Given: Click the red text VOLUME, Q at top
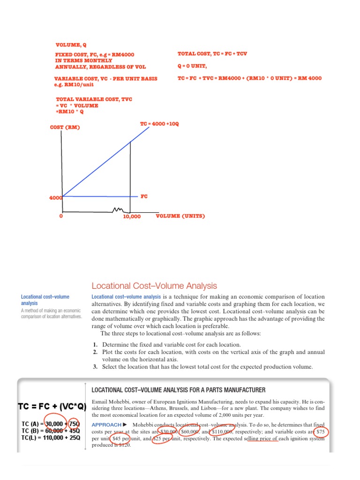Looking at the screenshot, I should pos(71,45).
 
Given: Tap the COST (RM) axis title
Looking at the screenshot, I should pos(65,127).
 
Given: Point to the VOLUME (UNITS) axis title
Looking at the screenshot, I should pos(180,216).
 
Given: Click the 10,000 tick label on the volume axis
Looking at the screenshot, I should pos(132,217).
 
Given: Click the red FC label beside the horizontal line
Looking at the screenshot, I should pos(144,196).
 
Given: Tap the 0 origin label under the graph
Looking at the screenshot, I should pos(61,217).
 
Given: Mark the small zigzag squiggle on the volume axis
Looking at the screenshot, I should pos(119,210).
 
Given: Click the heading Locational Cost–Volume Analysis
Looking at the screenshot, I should pos(154,285).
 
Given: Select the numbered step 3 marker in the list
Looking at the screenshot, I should pos(95,367).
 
